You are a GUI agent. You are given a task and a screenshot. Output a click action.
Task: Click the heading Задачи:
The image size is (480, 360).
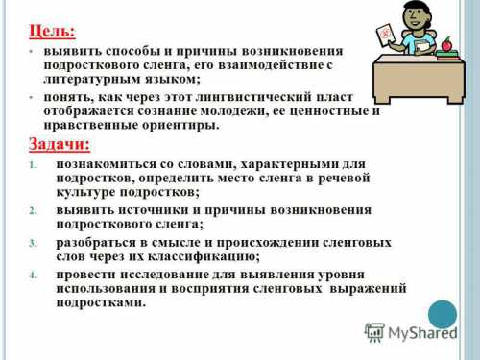pyautogui.click(x=60, y=144)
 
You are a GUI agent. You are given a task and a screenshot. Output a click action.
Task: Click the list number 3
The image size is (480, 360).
pyautogui.click(x=33, y=243)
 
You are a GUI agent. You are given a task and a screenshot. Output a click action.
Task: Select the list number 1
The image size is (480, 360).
pyautogui.click(x=33, y=165)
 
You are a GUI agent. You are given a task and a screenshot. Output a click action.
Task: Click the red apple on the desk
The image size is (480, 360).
pyautogui.click(x=444, y=44)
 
